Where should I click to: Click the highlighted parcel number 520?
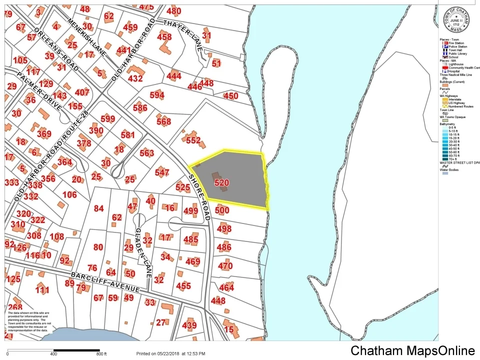(x=221, y=183)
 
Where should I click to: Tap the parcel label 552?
(x=193, y=140)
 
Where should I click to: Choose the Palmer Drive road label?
(x=40, y=92)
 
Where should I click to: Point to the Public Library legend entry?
(x=458, y=53)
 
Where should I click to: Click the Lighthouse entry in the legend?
(x=455, y=64)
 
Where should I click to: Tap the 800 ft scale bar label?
(x=101, y=354)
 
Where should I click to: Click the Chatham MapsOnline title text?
(x=412, y=350)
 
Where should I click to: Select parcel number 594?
(x=156, y=95)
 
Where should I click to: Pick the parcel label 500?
(x=222, y=210)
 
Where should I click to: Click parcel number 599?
(x=107, y=119)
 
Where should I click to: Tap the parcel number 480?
(x=173, y=11)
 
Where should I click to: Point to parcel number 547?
(x=162, y=172)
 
